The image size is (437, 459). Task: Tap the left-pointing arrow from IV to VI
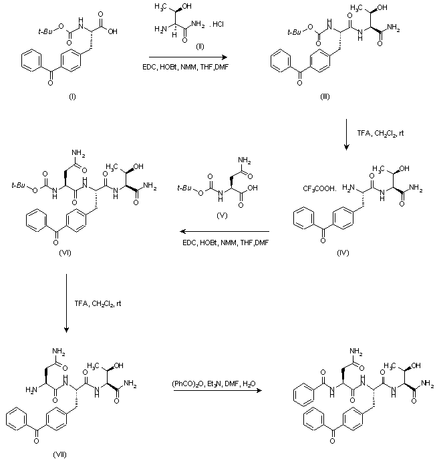pos(221,230)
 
